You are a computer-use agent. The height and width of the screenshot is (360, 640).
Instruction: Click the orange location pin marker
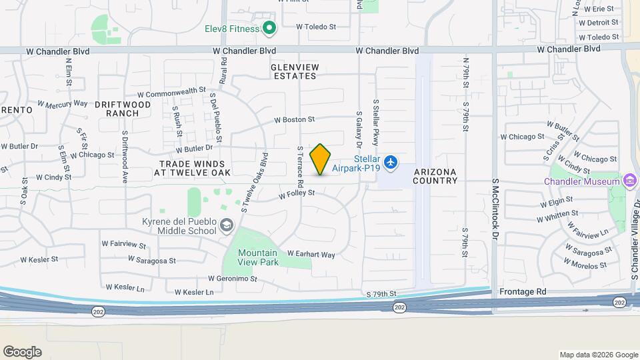point(320,159)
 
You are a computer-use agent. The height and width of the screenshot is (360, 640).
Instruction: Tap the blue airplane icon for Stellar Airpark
point(391,161)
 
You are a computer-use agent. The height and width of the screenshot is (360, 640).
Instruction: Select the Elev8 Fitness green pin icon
point(269,28)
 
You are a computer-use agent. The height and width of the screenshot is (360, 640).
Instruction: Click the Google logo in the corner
point(22,352)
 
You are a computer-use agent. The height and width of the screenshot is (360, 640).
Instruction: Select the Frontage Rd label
point(522,292)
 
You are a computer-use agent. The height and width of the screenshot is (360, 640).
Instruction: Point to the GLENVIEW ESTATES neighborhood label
point(294,71)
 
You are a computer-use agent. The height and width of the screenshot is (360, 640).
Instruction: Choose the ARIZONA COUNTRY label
point(435,176)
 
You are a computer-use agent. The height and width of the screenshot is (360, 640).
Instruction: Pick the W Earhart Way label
point(311,254)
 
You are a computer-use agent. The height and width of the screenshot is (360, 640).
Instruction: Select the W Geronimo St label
point(232,279)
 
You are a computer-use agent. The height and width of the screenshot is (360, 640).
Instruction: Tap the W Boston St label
point(294,120)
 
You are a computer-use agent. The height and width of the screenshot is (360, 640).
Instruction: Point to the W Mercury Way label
point(63,104)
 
